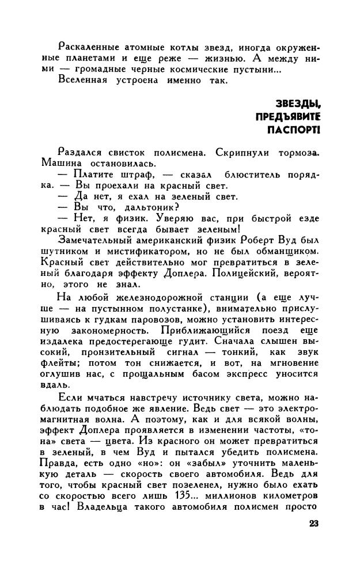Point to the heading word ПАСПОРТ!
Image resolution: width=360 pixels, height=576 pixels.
[x=293, y=130]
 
